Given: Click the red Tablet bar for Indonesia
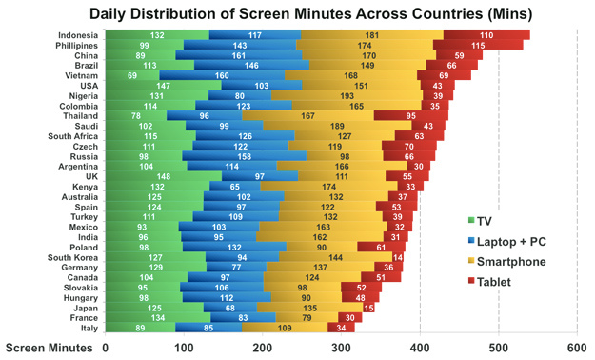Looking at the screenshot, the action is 486,35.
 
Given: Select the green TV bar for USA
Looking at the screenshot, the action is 163,86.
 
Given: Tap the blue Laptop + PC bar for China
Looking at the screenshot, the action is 239,55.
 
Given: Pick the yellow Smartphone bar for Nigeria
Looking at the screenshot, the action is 347,95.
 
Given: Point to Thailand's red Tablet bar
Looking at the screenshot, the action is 411,116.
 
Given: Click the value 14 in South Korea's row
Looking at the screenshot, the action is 398,257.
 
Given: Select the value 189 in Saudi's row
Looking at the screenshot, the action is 337,126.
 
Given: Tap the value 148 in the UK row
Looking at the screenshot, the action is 163,176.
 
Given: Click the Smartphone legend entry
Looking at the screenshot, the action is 507,262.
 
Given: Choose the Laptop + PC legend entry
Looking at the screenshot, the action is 507,242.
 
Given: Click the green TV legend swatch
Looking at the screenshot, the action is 471,220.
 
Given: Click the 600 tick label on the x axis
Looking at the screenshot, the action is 577,348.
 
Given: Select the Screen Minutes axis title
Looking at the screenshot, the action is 49,348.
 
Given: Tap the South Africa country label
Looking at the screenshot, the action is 73,136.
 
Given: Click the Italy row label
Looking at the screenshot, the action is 89,329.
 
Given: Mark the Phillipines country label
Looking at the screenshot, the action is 77,46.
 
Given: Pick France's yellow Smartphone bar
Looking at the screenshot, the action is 307,318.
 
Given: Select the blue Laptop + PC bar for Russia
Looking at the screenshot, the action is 244,156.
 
